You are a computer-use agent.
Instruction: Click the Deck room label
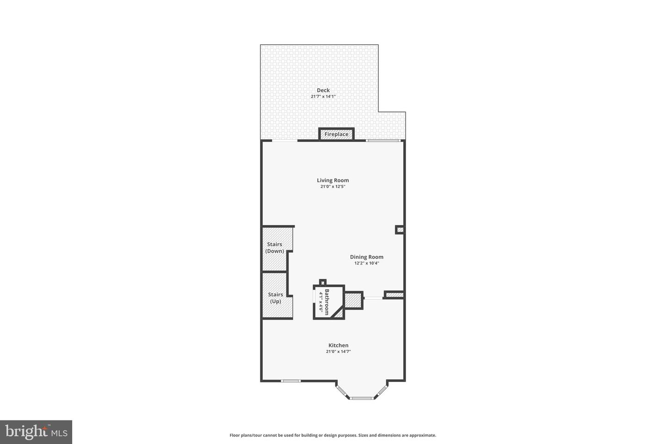point(323,90)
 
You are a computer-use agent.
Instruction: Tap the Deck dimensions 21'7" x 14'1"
point(323,97)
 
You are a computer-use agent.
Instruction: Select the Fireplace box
point(336,134)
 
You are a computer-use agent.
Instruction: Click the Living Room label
point(333,180)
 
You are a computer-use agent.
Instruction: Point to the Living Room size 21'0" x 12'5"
point(333,187)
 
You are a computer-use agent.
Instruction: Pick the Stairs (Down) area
point(275,248)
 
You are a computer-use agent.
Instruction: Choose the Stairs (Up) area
point(276,298)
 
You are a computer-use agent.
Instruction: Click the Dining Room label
point(367,257)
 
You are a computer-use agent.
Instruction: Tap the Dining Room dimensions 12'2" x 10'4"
point(367,264)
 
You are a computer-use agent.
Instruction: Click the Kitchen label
point(339,345)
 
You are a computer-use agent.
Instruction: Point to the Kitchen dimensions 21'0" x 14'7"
point(339,351)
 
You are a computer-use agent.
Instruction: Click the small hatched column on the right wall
point(400,229)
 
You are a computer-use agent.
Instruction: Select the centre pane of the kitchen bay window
point(362,398)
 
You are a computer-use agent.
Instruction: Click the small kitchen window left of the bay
point(291,381)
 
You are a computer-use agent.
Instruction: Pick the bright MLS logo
point(36,432)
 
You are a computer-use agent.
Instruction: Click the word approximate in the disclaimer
point(421,435)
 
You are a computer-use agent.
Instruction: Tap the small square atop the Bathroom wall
point(323,282)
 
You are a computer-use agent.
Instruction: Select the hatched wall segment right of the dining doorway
point(395,295)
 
